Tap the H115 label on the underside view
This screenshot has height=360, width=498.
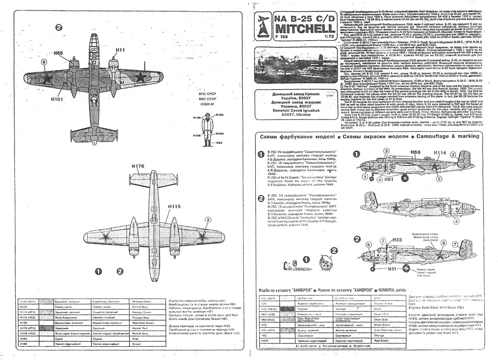(174, 206)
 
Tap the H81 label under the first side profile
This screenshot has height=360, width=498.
(388, 180)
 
